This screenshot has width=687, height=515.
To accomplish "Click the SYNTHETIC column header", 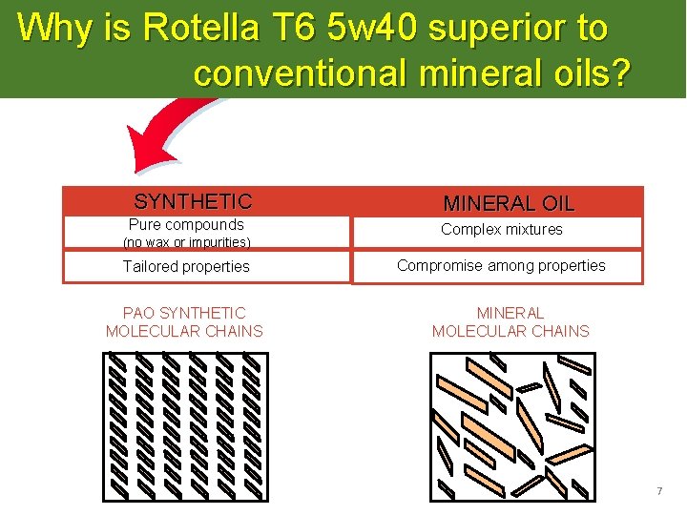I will (x=193, y=201).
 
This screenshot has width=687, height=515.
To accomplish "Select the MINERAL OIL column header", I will (x=509, y=203).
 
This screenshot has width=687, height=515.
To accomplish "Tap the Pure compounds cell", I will (x=186, y=225).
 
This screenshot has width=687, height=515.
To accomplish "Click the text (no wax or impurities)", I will (x=187, y=242).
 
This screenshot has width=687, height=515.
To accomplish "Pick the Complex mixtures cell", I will (x=502, y=229).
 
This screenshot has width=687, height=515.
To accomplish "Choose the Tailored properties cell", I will (x=186, y=267).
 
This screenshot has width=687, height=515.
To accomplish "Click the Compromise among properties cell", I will (x=501, y=265).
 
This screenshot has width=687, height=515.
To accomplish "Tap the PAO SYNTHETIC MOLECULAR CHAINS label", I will (x=184, y=322).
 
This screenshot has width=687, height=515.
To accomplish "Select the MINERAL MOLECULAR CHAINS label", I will (x=510, y=322).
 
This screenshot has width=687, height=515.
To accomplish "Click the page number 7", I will (x=658, y=491).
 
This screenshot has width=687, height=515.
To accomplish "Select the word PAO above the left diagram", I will (x=139, y=313).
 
